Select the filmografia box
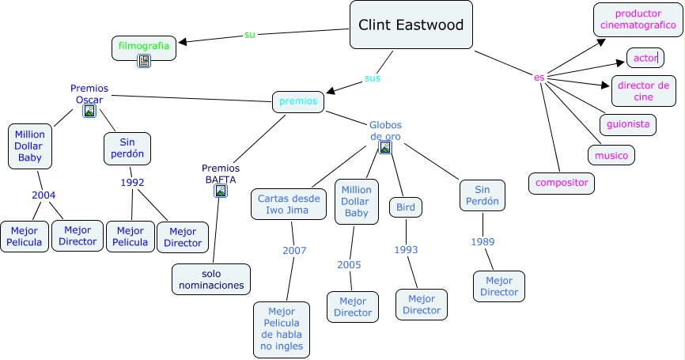tap(144, 47)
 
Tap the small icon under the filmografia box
tap(144, 61)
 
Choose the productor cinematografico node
tap(638, 20)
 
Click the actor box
tap(645, 58)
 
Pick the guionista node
tap(628, 124)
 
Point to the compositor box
tap(562, 183)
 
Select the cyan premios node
tap(297, 101)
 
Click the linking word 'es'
tap(539, 77)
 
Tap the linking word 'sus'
tap(372, 78)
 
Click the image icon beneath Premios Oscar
tap(89, 112)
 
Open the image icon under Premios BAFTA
tap(220, 190)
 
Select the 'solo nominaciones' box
tap(211, 279)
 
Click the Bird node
tap(406, 207)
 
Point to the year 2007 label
tap(293, 251)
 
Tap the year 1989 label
tap(483, 241)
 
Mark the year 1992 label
tap(132, 182)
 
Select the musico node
tap(611, 155)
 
